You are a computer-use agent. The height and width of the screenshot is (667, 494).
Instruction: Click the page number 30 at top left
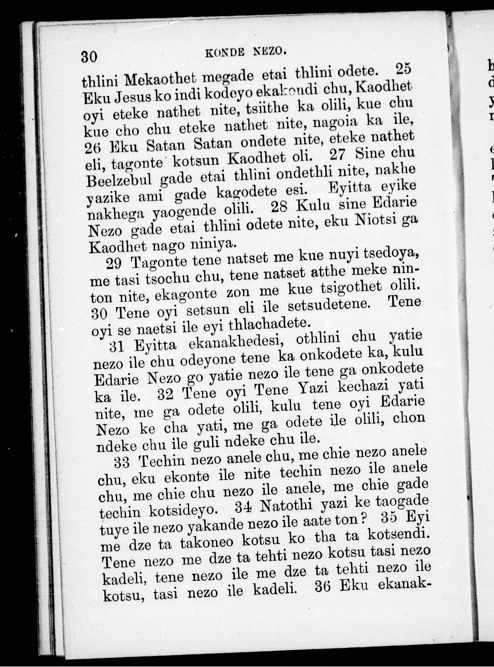click(x=89, y=56)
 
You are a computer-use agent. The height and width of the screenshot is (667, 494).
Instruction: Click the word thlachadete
click(x=268, y=324)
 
